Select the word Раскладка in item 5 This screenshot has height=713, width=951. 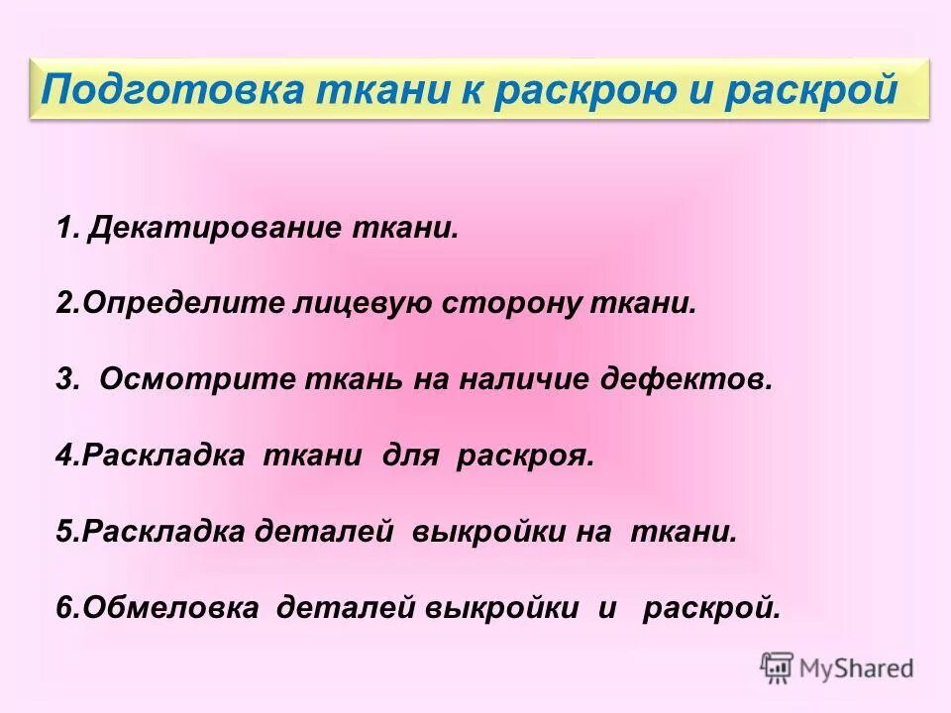pyautogui.click(x=162, y=531)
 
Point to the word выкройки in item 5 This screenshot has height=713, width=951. pyautogui.click(x=482, y=531)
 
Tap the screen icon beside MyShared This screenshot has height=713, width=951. pyautogui.click(x=778, y=668)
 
